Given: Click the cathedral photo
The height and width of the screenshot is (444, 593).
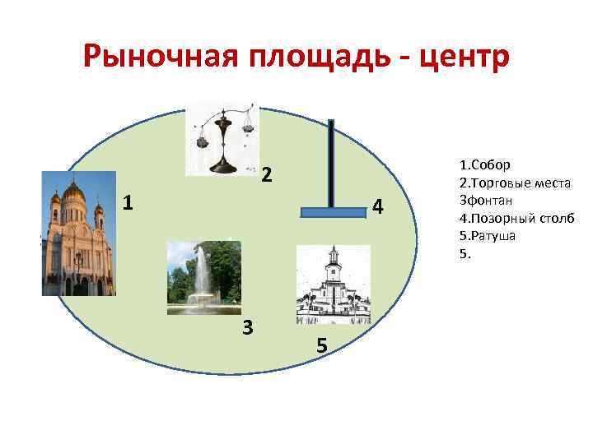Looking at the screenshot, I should [x=79, y=234].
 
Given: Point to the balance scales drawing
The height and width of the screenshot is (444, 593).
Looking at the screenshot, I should [x=222, y=140].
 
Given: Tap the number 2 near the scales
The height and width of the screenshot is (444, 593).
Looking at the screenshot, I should [x=266, y=174].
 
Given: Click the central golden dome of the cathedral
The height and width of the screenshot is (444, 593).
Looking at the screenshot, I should [x=74, y=192].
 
